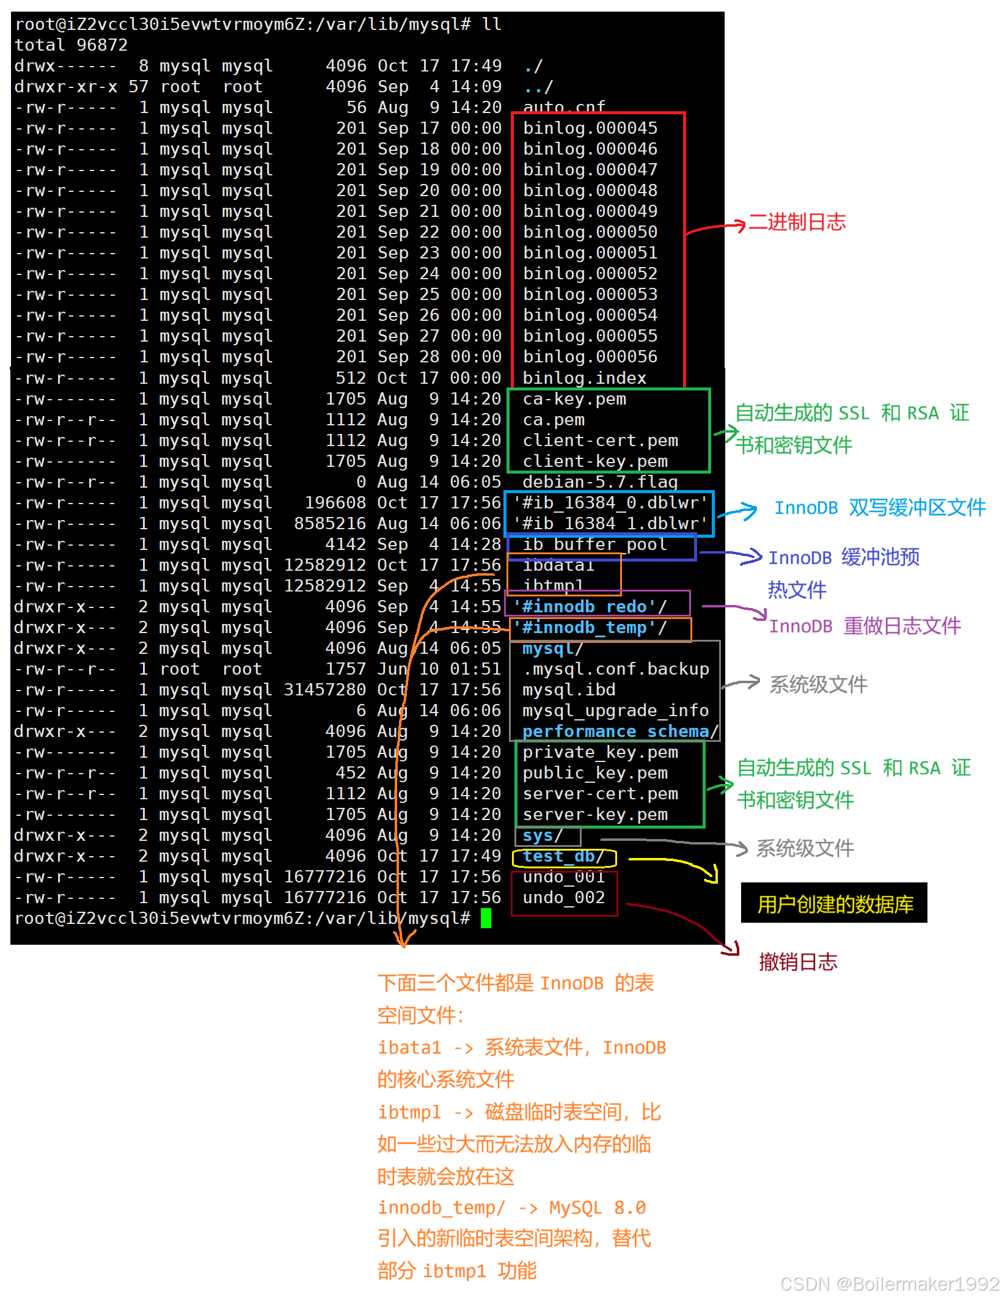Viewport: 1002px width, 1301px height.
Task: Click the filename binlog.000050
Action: click(590, 232)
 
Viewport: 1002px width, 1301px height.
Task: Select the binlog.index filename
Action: click(584, 378)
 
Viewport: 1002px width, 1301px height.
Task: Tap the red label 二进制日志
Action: click(797, 222)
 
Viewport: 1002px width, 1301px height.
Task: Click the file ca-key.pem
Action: click(574, 399)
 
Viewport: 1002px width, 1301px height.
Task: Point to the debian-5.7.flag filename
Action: click(600, 482)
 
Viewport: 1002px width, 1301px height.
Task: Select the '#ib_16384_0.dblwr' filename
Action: click(610, 503)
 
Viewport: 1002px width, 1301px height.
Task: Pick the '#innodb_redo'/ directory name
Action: click(590, 607)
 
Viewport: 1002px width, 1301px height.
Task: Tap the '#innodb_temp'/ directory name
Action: click(590, 628)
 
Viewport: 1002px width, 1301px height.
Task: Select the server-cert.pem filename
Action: click(600, 794)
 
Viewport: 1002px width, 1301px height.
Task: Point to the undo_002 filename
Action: click(563, 898)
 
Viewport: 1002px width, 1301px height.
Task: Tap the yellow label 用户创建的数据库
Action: click(835, 904)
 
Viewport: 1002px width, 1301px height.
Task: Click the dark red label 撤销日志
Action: click(798, 962)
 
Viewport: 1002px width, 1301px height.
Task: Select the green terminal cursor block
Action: click(486, 918)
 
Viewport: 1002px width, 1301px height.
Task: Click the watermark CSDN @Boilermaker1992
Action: click(888, 1283)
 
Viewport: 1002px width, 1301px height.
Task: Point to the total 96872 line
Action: click(71, 45)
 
